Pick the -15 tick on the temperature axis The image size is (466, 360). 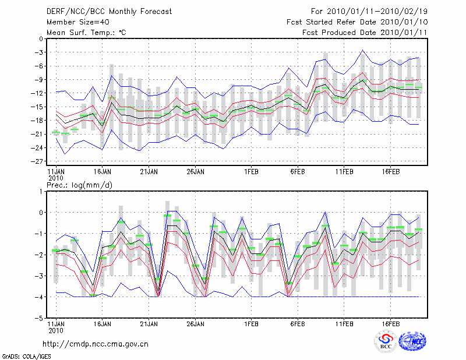[38, 107]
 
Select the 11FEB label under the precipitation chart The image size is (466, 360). [344, 324]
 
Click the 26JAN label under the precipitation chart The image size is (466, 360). [195, 324]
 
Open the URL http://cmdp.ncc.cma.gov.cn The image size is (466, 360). [96, 344]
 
